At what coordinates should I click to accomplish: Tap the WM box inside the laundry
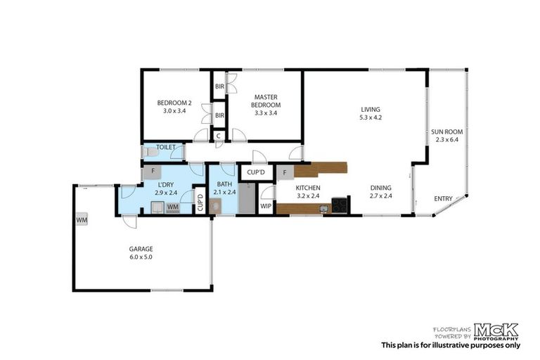[173, 207]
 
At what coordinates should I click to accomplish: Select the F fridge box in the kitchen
[284, 172]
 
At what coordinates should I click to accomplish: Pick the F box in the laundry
[153, 172]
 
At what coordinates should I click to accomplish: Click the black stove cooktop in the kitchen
[339, 205]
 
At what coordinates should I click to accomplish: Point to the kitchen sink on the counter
[323, 207]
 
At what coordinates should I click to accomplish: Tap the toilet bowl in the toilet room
[147, 151]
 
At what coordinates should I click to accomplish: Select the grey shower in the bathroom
[246, 198]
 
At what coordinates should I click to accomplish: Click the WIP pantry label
[266, 207]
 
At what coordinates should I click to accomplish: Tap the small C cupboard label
[219, 136]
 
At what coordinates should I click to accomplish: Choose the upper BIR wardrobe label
[219, 86]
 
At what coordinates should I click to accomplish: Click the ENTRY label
[443, 199]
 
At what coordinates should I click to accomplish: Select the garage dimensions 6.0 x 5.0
[141, 257]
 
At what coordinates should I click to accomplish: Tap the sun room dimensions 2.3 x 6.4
[446, 139]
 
